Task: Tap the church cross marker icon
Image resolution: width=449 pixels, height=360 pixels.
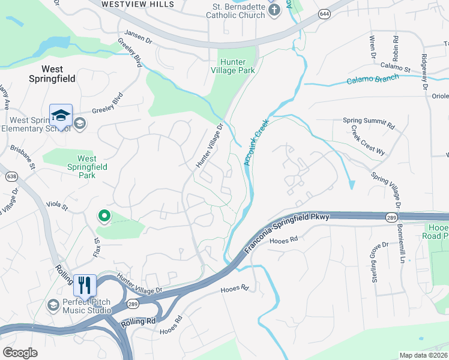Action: (274, 10)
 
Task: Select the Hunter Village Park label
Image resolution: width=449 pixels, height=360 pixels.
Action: (237, 66)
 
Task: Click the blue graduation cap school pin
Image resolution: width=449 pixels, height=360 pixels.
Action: (61, 115)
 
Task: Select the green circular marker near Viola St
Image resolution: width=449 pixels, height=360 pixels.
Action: (104, 215)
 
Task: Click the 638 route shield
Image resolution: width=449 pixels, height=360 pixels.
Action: (12, 176)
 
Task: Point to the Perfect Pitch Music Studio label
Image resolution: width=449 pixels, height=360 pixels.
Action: (87, 306)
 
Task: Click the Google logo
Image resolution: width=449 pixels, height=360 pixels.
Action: (20, 352)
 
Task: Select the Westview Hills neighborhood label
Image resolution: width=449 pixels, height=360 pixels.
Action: (138, 4)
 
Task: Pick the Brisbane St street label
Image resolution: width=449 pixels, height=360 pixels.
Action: (23, 156)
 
